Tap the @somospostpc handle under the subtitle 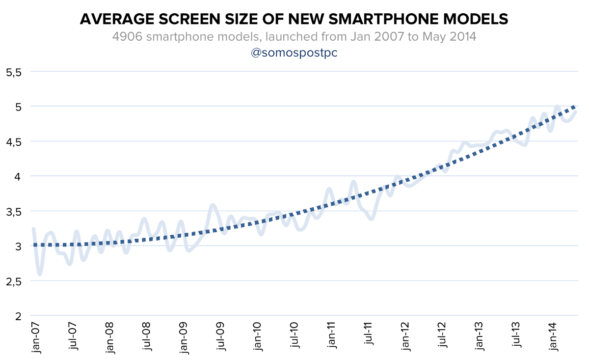pos(294,53)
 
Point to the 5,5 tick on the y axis pos(14,72)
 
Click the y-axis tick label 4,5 pos(14,141)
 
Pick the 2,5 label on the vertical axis pos(14,281)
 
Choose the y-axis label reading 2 pos(19,316)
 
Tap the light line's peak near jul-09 pos(213,205)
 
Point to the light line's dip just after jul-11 pos(371,219)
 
